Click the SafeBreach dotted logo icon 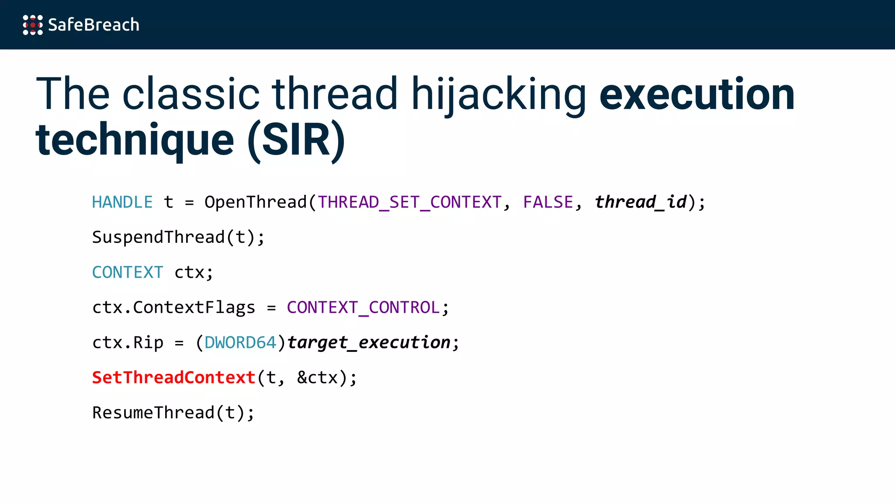tap(33, 25)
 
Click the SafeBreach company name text tap(94, 25)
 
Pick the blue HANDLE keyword tap(122, 203)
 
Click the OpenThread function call tap(256, 203)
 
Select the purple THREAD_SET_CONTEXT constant tap(409, 203)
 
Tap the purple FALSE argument tap(548, 203)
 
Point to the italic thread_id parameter tap(640, 203)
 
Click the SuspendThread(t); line tap(178, 238)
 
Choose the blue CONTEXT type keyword tap(128, 272)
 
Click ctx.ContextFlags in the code tap(173, 308)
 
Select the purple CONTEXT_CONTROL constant tap(363, 308)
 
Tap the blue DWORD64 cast tap(240, 343)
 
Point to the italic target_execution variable tap(368, 343)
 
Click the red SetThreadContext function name tap(173, 378)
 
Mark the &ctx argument tap(317, 378)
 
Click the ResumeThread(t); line tap(173, 413)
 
